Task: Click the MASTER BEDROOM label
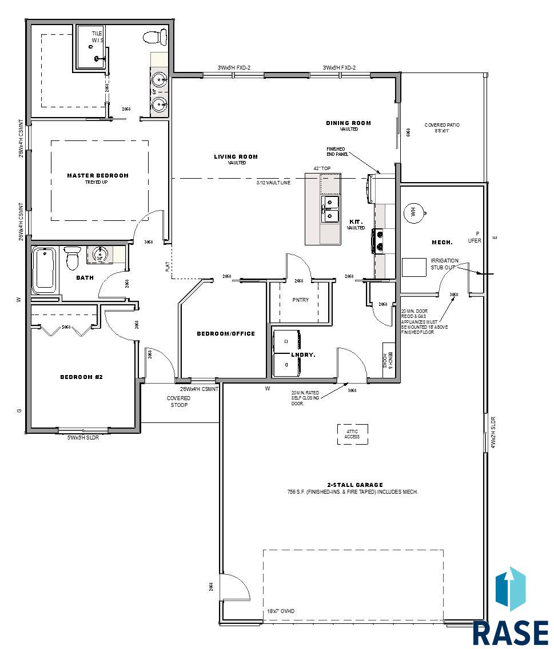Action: [x=98, y=176]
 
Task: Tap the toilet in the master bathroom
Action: [x=152, y=38]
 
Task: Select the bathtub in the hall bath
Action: [x=43, y=269]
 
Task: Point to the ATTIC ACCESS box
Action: [x=352, y=434]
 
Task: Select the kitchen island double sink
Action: [x=329, y=208]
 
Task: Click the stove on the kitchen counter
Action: [x=378, y=240]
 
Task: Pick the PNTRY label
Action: [x=301, y=300]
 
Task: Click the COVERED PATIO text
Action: [x=442, y=125]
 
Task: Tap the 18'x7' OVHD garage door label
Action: [x=281, y=611]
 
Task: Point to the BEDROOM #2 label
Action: [x=81, y=377]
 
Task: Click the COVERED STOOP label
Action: [x=178, y=401]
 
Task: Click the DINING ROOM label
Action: [x=349, y=123]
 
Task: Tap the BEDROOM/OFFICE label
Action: [x=226, y=333]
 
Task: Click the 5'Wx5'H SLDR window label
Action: [x=83, y=438]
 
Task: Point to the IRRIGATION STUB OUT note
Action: [x=444, y=263]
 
